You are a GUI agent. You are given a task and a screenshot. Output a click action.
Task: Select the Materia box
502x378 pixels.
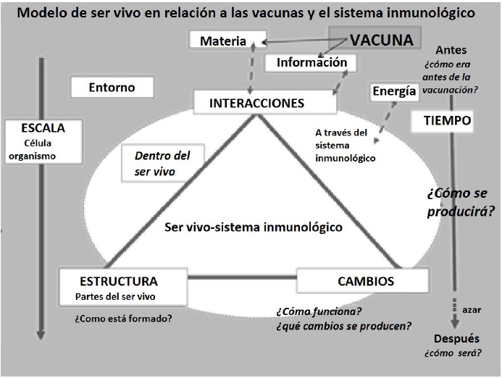(x=227, y=40)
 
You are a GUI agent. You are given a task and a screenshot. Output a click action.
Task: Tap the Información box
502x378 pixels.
(x=311, y=62)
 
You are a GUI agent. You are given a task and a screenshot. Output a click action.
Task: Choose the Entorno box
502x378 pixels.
(x=112, y=87)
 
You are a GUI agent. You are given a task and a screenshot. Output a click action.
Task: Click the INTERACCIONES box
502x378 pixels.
(x=265, y=102)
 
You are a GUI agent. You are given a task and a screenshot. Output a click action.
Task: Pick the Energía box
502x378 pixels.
(x=394, y=92)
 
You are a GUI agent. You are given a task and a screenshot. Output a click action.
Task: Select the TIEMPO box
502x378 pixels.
(x=442, y=121)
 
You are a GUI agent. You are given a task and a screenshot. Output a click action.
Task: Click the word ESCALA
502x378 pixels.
(x=43, y=128)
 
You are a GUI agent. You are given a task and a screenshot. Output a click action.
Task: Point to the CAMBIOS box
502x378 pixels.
(x=363, y=281)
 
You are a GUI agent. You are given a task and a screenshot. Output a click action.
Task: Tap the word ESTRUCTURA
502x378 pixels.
(x=119, y=282)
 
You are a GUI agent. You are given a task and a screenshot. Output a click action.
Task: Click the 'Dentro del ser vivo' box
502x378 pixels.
(x=163, y=163)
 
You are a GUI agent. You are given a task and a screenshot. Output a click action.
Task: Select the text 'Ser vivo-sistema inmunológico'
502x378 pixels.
(x=254, y=227)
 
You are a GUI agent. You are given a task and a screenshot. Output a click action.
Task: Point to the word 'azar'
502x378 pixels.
(x=472, y=310)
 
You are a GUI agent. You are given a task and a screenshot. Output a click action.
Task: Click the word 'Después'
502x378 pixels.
(x=456, y=339)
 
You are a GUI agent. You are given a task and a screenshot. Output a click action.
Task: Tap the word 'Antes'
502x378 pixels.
(x=451, y=50)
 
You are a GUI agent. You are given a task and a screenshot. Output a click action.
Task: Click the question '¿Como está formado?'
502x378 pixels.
(x=123, y=319)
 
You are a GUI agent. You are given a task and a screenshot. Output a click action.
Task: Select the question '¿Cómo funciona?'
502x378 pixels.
(x=319, y=311)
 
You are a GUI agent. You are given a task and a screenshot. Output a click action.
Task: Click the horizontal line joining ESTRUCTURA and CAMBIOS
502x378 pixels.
(x=243, y=277)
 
